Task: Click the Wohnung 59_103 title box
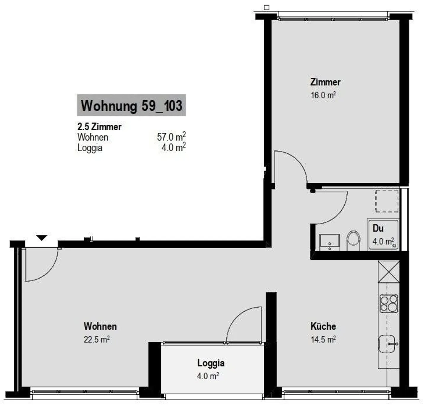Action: click(131, 105)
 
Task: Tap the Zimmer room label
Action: click(325, 82)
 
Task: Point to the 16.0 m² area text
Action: click(323, 95)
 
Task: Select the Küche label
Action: click(323, 326)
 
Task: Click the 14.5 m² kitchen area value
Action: click(323, 339)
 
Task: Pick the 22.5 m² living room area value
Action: click(96, 339)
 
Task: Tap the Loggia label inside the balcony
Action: click(211, 363)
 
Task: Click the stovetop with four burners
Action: click(389, 303)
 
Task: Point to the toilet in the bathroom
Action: click(353, 240)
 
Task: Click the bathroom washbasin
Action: click(329, 242)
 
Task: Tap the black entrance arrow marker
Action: click(42, 238)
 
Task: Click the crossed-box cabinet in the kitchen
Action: click(389, 272)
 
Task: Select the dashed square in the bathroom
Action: click(387, 201)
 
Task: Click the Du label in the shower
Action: click(378, 228)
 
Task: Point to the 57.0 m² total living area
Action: click(171, 137)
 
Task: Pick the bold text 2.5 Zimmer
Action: click(99, 127)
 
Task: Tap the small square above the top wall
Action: click(267, 8)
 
